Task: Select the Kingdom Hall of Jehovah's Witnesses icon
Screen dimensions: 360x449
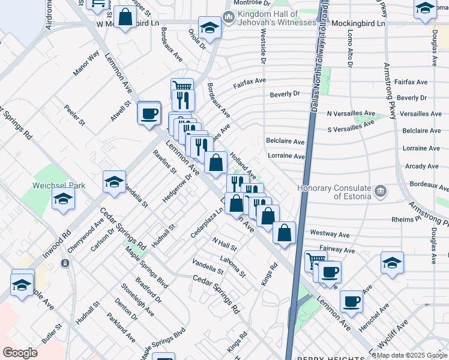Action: tap(228, 18)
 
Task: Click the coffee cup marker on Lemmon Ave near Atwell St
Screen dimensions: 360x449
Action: tap(149, 112)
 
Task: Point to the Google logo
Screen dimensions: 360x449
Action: tap(20, 353)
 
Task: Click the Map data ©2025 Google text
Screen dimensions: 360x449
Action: tap(412, 355)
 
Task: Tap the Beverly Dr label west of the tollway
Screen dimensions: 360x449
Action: tap(285, 94)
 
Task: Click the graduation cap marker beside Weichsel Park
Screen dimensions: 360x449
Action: tap(62, 200)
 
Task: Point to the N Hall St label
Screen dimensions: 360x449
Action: tap(224, 244)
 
